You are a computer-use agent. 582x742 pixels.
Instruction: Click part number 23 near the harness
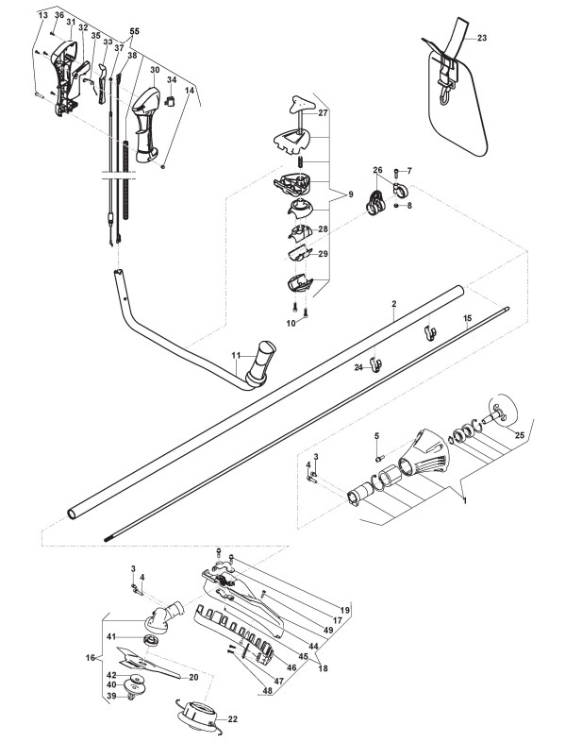point(481,39)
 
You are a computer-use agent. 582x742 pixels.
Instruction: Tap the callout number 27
point(322,113)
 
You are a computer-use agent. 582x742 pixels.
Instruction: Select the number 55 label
point(134,31)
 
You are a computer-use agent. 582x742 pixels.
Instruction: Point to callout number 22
point(232,718)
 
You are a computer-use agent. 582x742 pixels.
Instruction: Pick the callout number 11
point(237,356)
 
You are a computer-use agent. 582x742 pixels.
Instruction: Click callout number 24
point(358,367)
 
